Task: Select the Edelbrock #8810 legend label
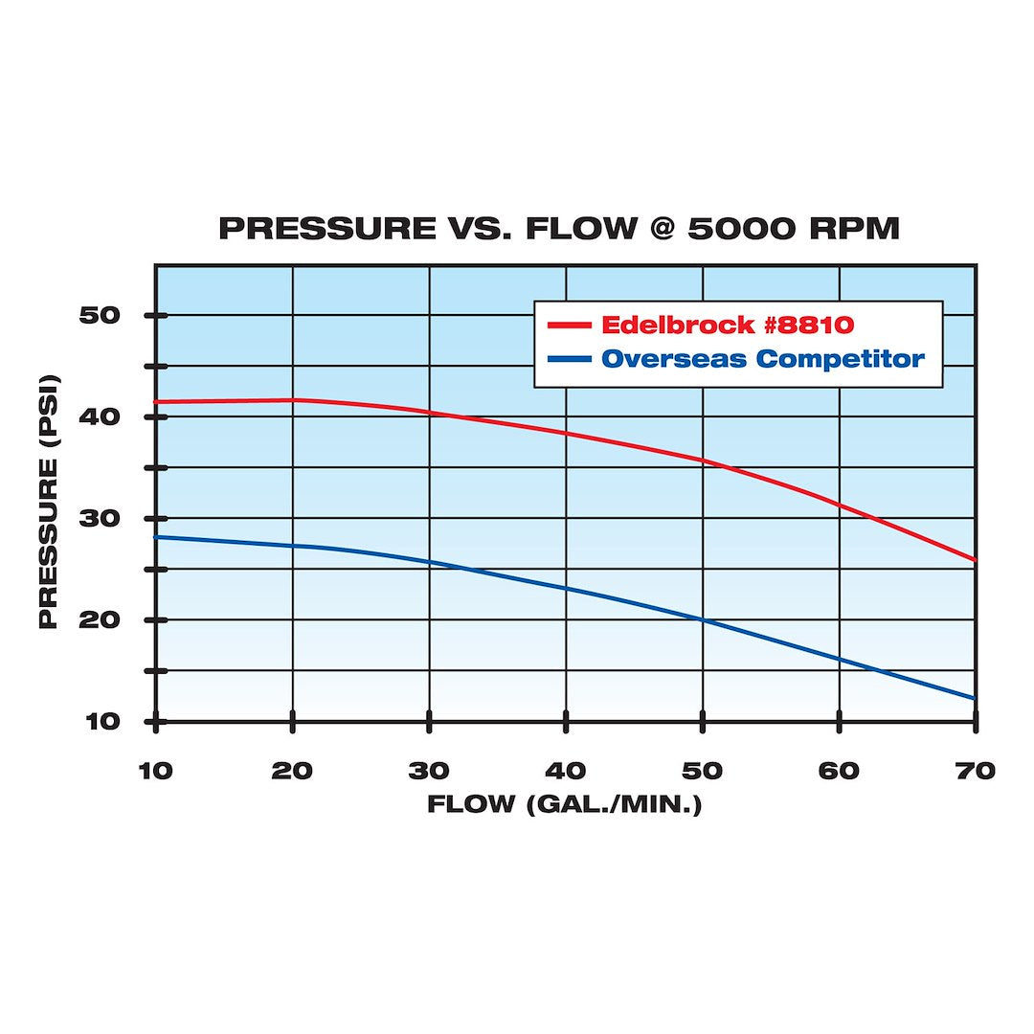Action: point(727,325)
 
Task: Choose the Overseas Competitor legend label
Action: point(763,359)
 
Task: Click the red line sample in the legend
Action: point(569,326)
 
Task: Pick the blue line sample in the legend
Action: point(569,360)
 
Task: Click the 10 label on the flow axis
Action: point(156,771)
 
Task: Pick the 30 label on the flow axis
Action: point(429,771)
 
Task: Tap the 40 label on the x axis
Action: point(566,771)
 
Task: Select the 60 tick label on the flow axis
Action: point(840,771)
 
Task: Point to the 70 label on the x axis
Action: point(976,771)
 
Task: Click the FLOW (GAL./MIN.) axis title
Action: point(565,803)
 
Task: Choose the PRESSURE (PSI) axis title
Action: point(49,518)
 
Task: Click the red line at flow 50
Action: point(703,461)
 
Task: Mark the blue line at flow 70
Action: point(974,698)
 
